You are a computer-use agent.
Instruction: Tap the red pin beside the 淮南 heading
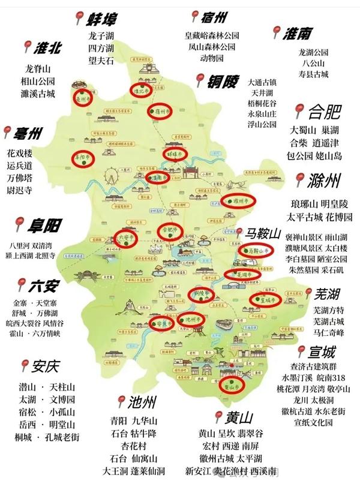click(x=278, y=32)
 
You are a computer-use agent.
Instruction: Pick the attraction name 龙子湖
click(x=100, y=37)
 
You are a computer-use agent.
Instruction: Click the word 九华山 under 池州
click(x=145, y=420)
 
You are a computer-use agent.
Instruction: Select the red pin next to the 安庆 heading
click(x=24, y=365)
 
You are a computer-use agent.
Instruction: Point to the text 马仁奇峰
click(x=329, y=332)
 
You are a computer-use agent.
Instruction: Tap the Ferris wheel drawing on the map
click(x=111, y=179)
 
